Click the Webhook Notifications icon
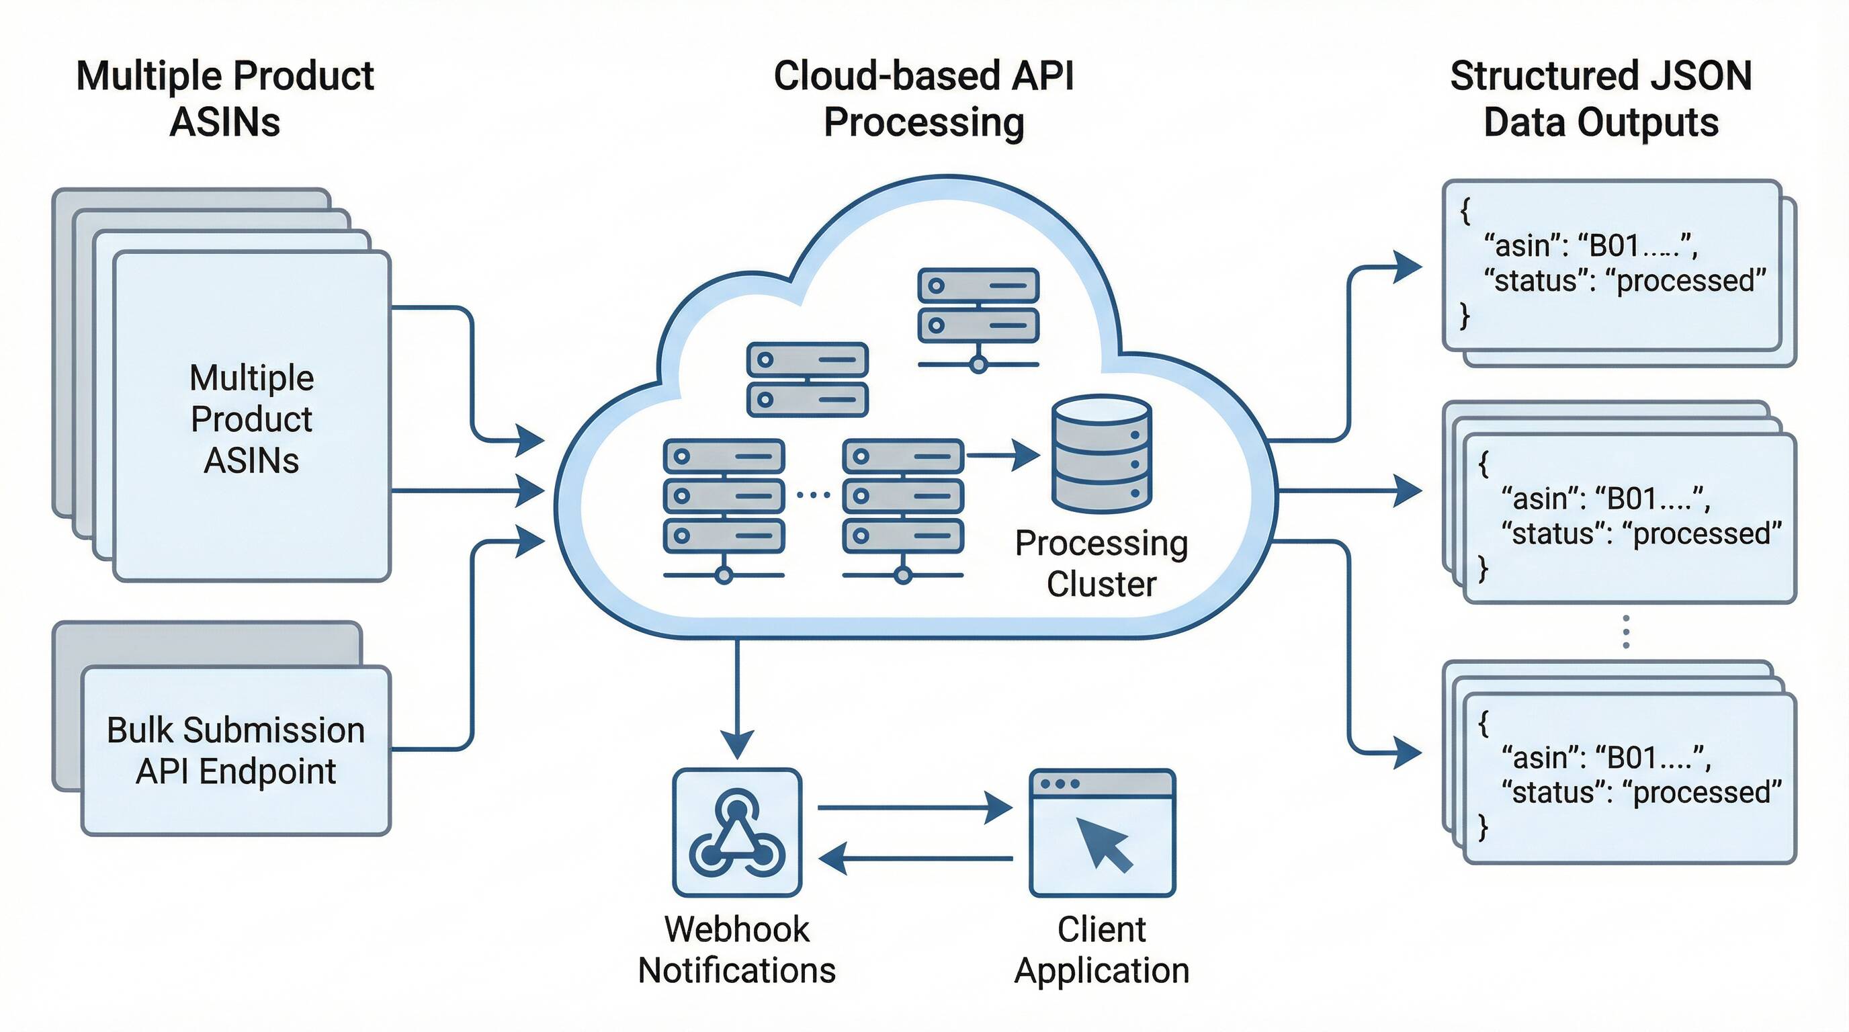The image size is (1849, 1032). click(736, 832)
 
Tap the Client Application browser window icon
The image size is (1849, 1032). click(1102, 832)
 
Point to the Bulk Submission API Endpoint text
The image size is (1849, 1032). click(235, 750)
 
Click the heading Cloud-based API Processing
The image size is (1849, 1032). click(924, 98)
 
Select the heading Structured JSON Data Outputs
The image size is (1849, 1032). click(1600, 98)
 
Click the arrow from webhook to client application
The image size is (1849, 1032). click(914, 808)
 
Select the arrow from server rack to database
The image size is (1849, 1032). click(1002, 455)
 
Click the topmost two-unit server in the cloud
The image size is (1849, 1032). click(978, 306)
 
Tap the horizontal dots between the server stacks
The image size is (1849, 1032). click(813, 494)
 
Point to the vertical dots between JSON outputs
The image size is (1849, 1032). click(1626, 632)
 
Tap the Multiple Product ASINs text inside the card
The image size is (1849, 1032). click(251, 419)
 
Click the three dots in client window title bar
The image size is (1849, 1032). click(1060, 783)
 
